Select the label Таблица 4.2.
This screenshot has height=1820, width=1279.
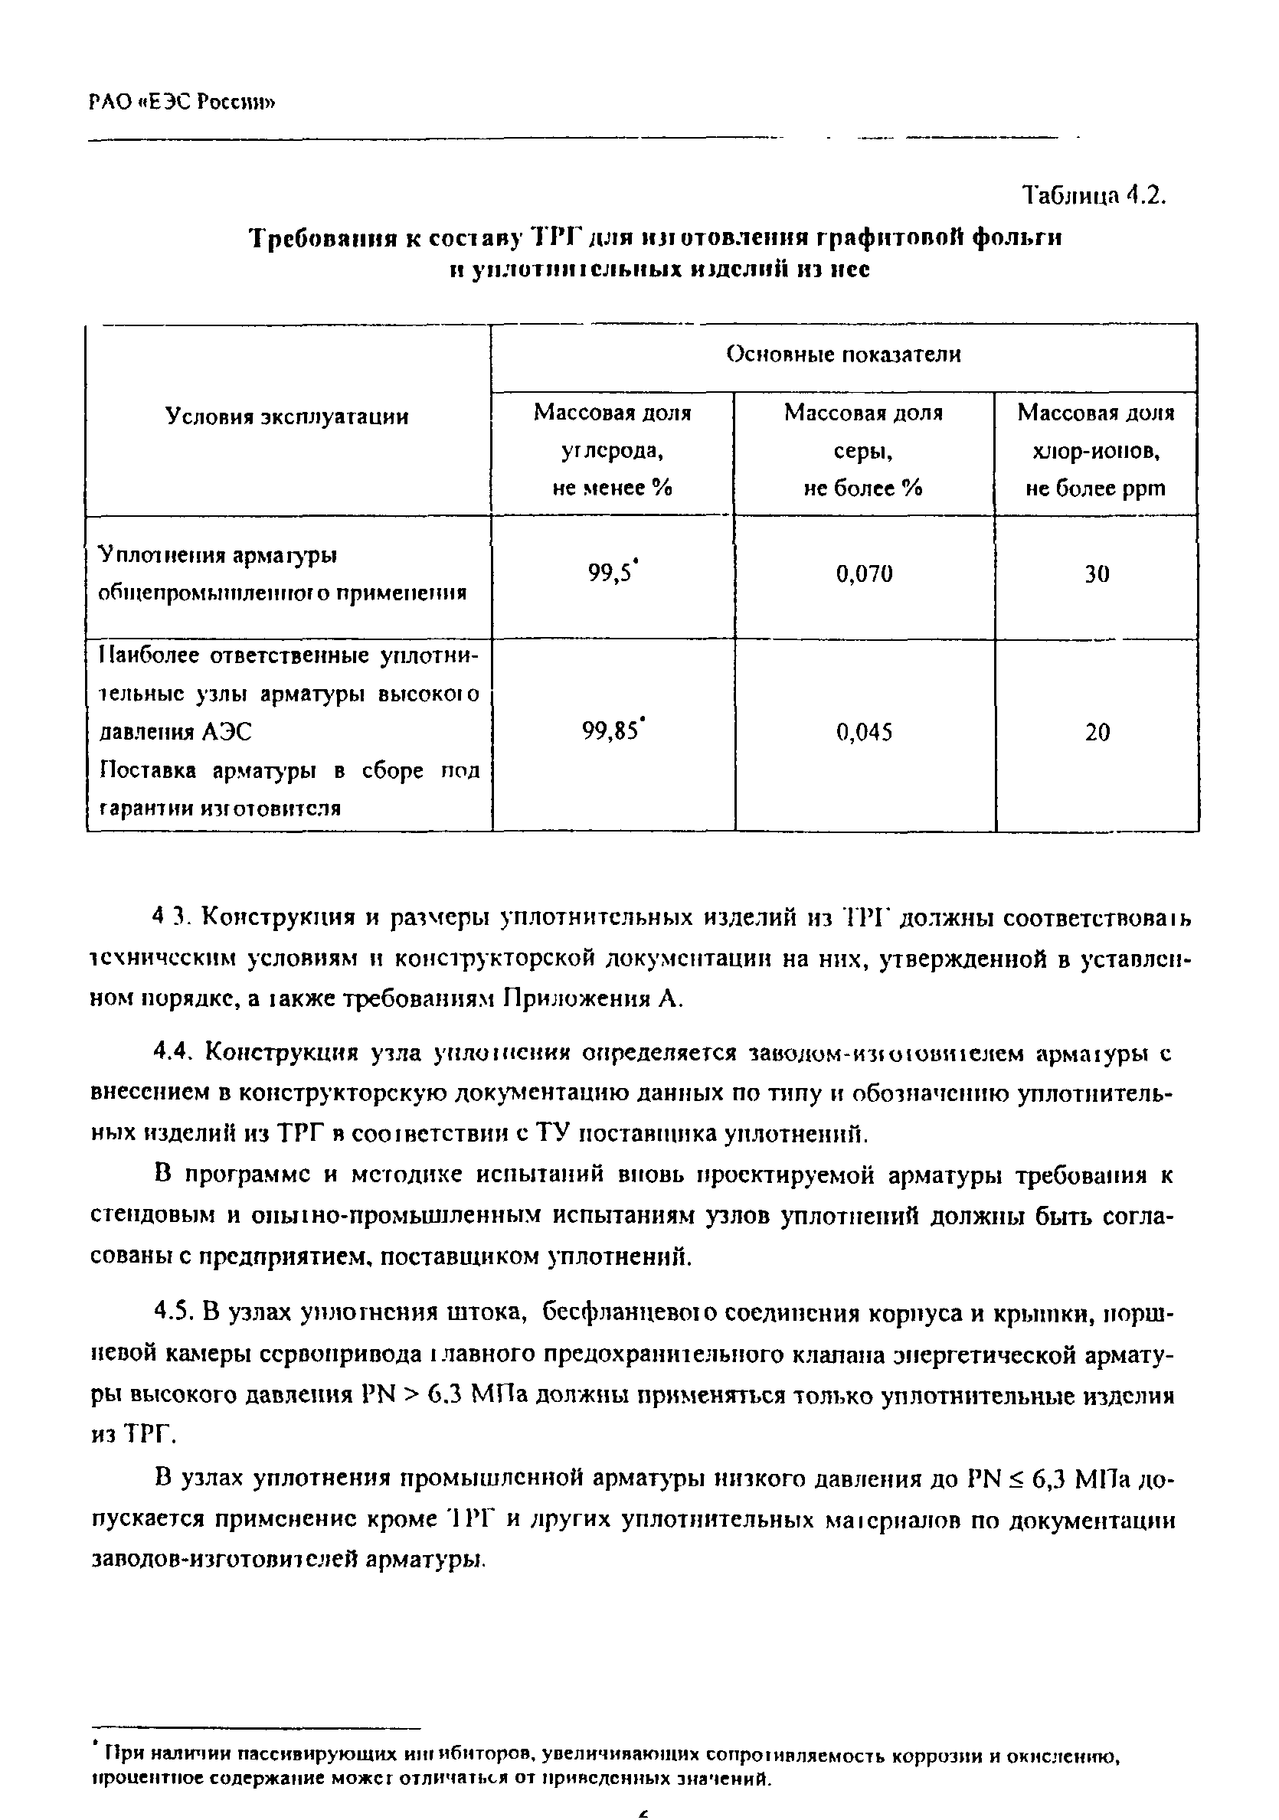pos(1094,194)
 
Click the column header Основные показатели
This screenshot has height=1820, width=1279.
pos(843,355)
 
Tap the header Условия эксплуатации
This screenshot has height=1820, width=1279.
pos(287,417)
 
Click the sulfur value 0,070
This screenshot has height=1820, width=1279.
pos(865,574)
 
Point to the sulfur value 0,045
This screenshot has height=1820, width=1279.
pos(865,733)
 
